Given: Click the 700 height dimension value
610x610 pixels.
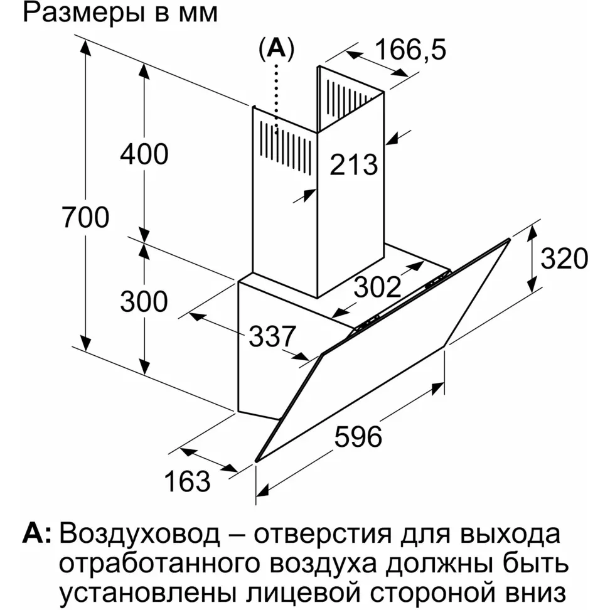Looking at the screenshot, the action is [85, 217].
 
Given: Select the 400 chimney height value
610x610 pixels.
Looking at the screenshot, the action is [144, 154].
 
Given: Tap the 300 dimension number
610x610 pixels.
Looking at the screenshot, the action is [144, 301].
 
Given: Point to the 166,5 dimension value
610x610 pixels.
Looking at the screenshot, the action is [410, 50].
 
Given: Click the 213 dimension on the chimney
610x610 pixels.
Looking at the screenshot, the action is [353, 164].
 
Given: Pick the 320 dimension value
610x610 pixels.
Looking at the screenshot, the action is [564, 259].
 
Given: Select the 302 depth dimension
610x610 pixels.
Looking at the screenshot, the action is [377, 287].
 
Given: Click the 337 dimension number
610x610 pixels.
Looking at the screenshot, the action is [272, 336].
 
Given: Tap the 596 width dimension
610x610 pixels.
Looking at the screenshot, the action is [358, 437].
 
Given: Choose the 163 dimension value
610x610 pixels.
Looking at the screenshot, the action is [187, 481].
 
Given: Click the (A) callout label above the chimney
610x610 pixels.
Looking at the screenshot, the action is [277, 49].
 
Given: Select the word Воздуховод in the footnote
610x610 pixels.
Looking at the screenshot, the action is [139, 533].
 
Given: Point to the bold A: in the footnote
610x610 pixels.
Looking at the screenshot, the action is [36, 533].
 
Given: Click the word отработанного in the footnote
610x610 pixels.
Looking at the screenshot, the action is [159, 564].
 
